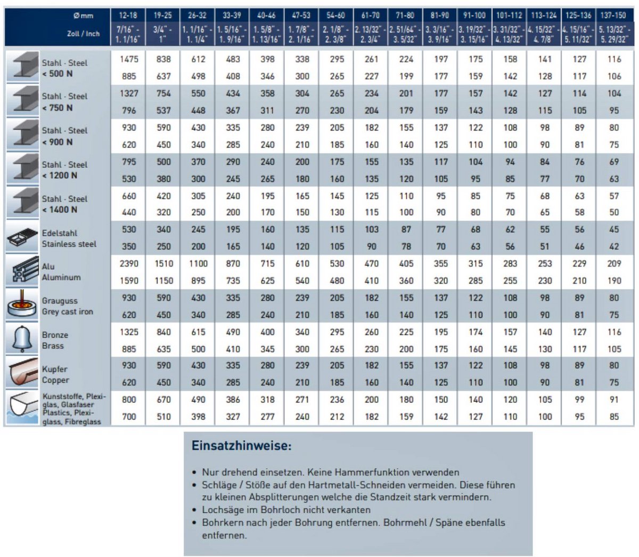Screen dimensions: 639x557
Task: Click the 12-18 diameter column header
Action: point(128,15)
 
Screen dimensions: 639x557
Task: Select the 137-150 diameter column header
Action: point(613,15)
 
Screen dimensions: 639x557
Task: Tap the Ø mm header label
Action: point(84,15)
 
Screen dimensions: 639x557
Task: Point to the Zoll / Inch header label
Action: point(83,34)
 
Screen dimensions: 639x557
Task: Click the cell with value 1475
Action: point(129,59)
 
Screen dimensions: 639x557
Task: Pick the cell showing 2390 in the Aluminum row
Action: point(129,263)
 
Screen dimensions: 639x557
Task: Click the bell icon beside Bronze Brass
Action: point(22,339)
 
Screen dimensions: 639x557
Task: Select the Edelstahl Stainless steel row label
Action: point(69,238)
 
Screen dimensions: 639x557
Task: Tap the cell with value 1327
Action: point(129,93)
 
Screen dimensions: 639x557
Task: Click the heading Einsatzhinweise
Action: point(241,446)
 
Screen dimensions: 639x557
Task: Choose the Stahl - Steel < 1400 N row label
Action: point(64,204)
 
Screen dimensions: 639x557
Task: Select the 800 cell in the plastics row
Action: point(129,399)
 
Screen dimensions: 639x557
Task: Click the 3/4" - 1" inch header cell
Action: point(163,35)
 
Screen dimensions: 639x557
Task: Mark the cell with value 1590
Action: point(129,281)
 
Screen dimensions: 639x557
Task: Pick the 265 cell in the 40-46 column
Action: point(267,179)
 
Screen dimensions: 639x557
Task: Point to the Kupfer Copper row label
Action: point(55,375)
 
